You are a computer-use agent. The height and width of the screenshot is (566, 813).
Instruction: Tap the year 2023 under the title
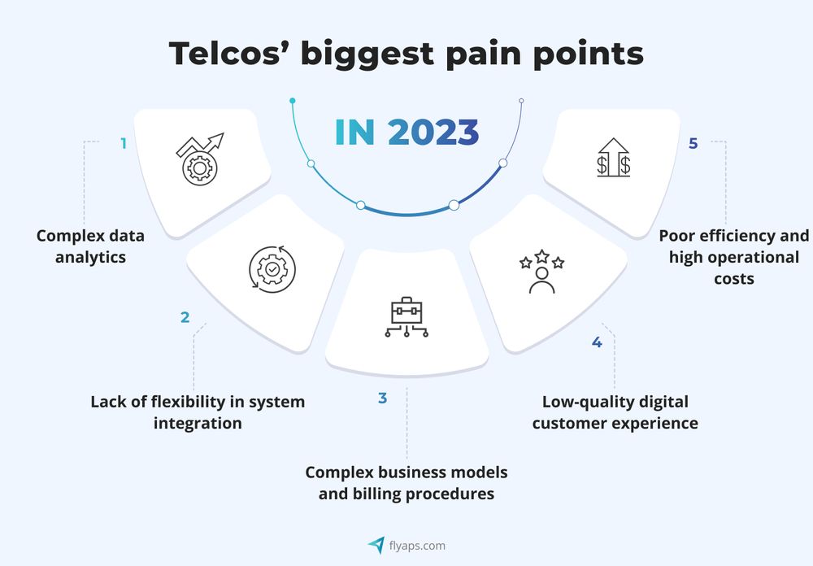click(x=433, y=133)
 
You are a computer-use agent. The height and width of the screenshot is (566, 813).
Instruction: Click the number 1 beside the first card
click(x=124, y=143)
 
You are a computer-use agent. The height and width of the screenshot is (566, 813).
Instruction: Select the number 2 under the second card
click(x=185, y=317)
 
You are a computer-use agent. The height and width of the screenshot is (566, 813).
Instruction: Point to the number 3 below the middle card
click(x=382, y=398)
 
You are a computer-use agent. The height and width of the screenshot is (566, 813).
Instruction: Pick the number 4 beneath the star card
click(x=597, y=342)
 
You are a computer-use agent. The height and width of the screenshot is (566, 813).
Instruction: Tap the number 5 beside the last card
click(x=693, y=143)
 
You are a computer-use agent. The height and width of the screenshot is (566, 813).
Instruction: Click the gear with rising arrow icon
click(x=199, y=159)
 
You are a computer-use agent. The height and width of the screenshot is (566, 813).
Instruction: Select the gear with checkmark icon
click(x=272, y=268)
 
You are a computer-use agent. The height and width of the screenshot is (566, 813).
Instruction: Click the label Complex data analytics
click(x=90, y=246)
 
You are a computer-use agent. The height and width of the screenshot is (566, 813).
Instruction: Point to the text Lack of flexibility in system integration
click(x=198, y=412)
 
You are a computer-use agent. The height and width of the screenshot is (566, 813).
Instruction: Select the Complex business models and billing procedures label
click(x=406, y=482)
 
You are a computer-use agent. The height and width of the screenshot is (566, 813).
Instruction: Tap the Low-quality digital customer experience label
click(x=615, y=412)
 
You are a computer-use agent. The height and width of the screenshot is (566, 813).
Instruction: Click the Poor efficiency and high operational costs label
click(x=734, y=257)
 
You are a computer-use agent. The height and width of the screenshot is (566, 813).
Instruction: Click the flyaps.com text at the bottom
click(x=417, y=546)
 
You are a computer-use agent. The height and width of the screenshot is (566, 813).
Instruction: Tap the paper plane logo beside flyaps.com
click(x=376, y=545)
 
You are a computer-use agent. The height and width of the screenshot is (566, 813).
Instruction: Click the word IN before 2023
click(x=354, y=133)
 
